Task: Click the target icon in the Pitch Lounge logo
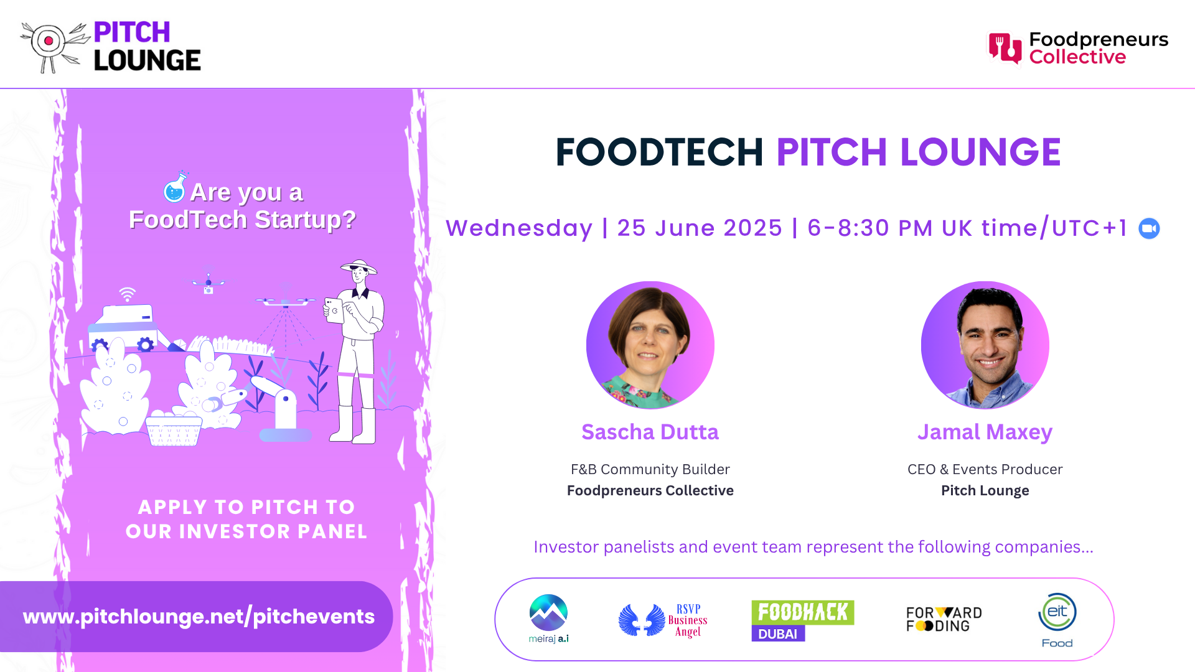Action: [49, 42]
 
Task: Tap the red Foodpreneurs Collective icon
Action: [1005, 48]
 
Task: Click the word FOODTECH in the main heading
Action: [659, 152]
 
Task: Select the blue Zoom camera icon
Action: [1149, 228]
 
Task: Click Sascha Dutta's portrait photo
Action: [650, 345]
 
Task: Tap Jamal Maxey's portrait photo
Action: [985, 345]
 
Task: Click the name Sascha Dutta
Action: [650, 432]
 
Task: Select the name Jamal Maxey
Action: [985, 432]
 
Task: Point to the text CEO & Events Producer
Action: [985, 469]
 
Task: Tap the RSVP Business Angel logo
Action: [663, 620]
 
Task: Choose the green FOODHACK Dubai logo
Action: [802, 620]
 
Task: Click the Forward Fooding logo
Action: [944, 619]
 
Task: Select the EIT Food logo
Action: [1057, 620]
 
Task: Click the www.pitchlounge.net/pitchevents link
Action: [199, 617]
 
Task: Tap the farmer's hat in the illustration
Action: [359, 266]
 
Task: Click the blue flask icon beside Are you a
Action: [175, 188]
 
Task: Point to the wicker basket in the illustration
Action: [174, 431]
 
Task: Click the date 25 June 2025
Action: [700, 228]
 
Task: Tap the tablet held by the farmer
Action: [334, 310]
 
